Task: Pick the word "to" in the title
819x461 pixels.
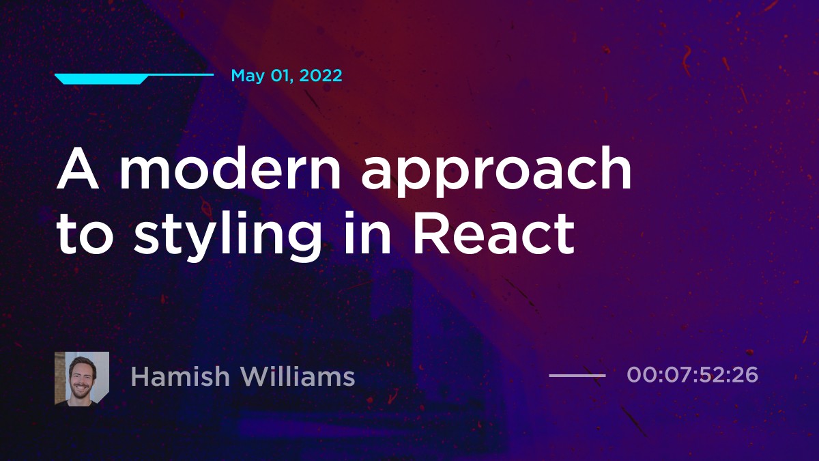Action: pos(86,234)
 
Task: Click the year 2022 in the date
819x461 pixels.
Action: pos(319,76)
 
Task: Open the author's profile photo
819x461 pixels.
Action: pos(82,378)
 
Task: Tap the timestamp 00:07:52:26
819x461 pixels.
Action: pos(692,375)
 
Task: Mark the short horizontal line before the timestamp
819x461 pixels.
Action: pos(577,375)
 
